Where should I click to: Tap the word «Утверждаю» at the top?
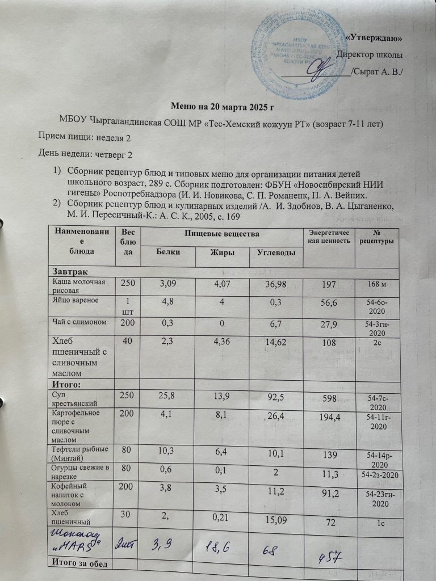(374, 38)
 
